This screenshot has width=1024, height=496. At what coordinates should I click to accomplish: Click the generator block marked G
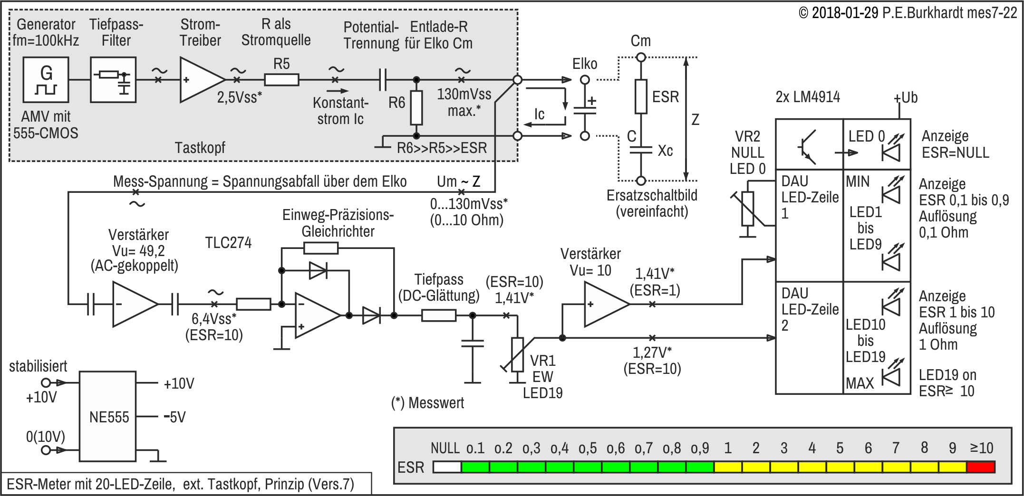[46, 80]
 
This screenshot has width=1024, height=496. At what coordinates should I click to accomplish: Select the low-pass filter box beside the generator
[113, 80]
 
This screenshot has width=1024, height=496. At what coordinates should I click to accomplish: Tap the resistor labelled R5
[281, 80]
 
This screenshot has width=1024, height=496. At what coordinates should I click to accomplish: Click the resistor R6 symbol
[416, 108]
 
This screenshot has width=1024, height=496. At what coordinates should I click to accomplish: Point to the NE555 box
[107, 416]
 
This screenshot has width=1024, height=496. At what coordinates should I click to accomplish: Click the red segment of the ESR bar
[981, 467]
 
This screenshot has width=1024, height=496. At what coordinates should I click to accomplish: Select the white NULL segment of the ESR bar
[447, 467]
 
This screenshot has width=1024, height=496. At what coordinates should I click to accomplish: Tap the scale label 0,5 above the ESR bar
[588, 448]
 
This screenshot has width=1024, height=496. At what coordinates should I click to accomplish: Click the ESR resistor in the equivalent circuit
[641, 96]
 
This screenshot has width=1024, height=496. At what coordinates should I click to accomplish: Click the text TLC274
[228, 243]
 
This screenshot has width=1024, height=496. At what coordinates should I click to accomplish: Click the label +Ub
[906, 98]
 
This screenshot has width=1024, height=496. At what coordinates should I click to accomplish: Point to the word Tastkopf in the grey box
[200, 148]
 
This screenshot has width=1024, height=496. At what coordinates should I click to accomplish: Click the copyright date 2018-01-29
[845, 13]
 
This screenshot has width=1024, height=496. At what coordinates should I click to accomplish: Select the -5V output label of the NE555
[174, 417]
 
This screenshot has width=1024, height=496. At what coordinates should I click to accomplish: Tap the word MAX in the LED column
[860, 383]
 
